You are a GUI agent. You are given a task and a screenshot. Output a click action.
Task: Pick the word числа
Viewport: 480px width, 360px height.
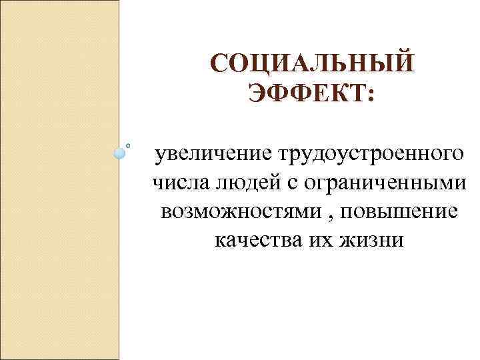tap(177, 183)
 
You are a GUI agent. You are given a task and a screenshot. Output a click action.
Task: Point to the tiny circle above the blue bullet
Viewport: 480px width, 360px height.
tap(128, 143)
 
